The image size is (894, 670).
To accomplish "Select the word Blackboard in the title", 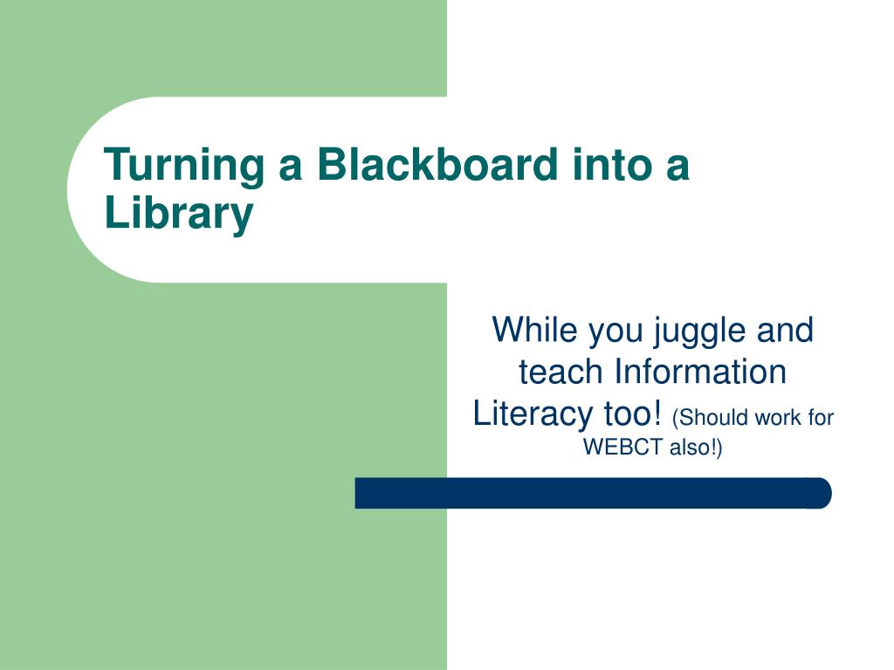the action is point(437,164).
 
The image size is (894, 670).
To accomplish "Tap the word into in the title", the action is point(612,164).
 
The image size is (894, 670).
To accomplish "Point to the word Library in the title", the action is point(178,214).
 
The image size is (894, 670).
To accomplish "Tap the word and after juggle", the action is point(785,329).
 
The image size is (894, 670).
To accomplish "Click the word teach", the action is point(560,372).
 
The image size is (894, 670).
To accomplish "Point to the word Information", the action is point(701,372).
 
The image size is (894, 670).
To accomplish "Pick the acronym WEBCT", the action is point(623,448).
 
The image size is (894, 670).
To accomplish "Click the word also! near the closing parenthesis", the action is point(692,448).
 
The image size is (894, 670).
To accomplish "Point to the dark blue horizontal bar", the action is point(593,494).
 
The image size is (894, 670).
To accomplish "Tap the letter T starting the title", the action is point(117,164).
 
